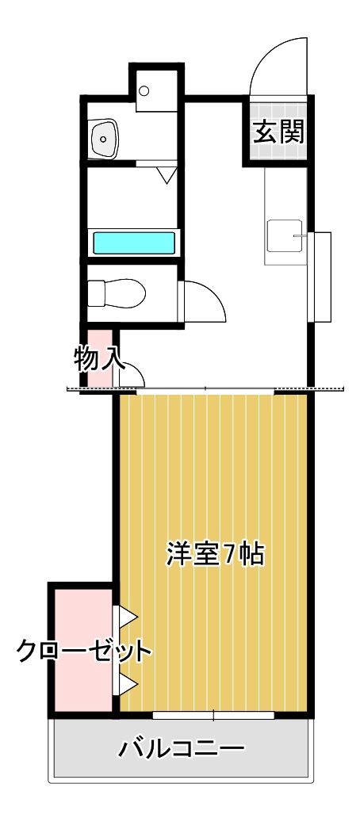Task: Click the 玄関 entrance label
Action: click(x=278, y=132)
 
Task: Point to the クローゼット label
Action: click(x=83, y=652)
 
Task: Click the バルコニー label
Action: click(x=182, y=748)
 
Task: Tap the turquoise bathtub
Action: click(x=134, y=243)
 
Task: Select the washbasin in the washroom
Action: click(x=104, y=138)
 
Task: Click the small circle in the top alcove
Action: click(x=144, y=90)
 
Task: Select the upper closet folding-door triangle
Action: click(x=128, y=616)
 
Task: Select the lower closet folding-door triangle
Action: click(x=128, y=682)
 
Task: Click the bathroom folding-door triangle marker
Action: click(x=167, y=175)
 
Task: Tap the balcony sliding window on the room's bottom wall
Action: click(x=214, y=715)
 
